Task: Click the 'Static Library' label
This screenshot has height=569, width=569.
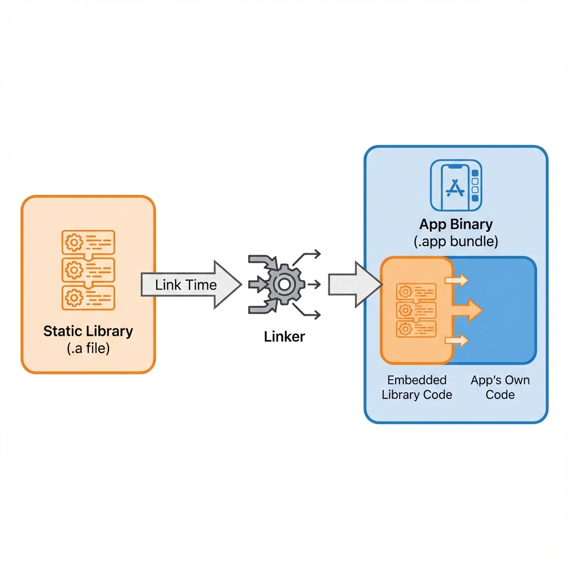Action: [88, 332]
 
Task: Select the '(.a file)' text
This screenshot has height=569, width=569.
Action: [88, 349]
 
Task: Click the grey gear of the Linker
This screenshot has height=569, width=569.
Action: [284, 284]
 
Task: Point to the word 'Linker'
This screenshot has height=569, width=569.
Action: [284, 336]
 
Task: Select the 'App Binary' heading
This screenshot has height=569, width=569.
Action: [456, 224]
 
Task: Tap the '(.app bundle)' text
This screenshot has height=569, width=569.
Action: [456, 242]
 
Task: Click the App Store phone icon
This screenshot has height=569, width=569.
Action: [456, 187]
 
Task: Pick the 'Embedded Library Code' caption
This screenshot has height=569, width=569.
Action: [417, 387]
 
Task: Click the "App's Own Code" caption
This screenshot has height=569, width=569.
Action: [500, 387]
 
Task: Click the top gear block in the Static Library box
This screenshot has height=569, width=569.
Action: [88, 242]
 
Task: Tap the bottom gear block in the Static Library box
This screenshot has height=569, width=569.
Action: [88, 297]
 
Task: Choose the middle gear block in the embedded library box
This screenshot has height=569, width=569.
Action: [416, 310]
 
